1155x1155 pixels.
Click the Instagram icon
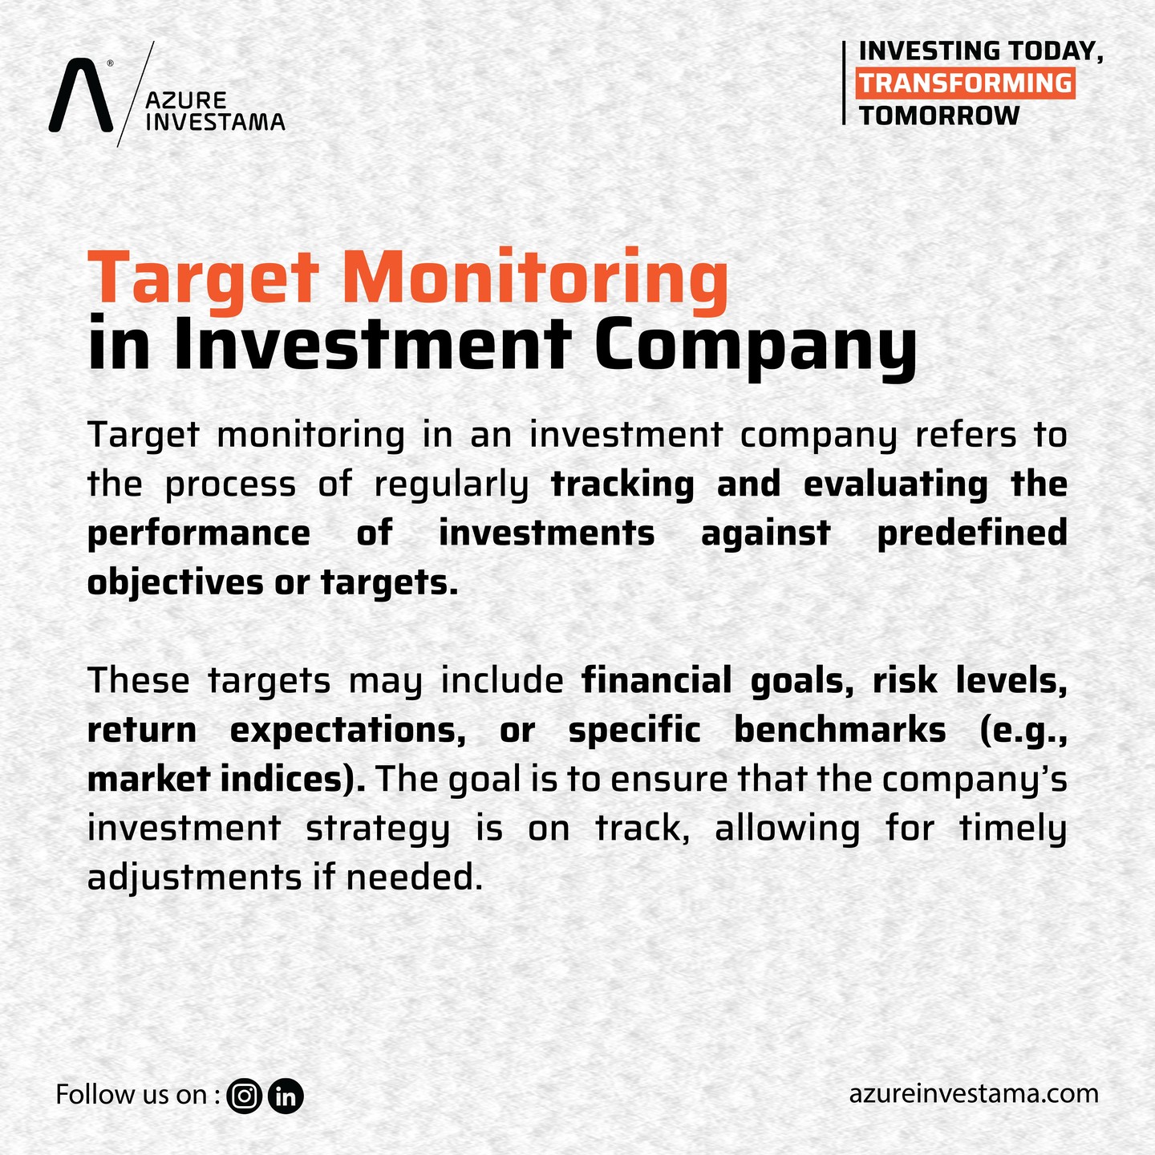(x=244, y=1096)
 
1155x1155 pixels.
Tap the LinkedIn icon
(x=286, y=1096)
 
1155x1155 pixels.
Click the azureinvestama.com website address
(x=974, y=1094)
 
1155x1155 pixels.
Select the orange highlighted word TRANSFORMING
(x=965, y=83)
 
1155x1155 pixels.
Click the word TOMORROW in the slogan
(x=938, y=115)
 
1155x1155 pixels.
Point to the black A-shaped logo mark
(x=81, y=95)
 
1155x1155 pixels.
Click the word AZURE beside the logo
(x=186, y=100)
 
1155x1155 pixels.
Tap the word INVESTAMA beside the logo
(x=215, y=122)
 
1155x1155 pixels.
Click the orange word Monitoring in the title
(x=535, y=281)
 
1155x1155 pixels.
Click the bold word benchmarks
(x=840, y=730)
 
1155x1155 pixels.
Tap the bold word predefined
(x=972, y=533)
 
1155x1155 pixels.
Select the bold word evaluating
(x=895, y=485)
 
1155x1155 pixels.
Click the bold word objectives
(x=175, y=582)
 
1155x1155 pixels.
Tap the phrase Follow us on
(x=132, y=1095)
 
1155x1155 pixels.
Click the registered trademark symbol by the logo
(x=110, y=63)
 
